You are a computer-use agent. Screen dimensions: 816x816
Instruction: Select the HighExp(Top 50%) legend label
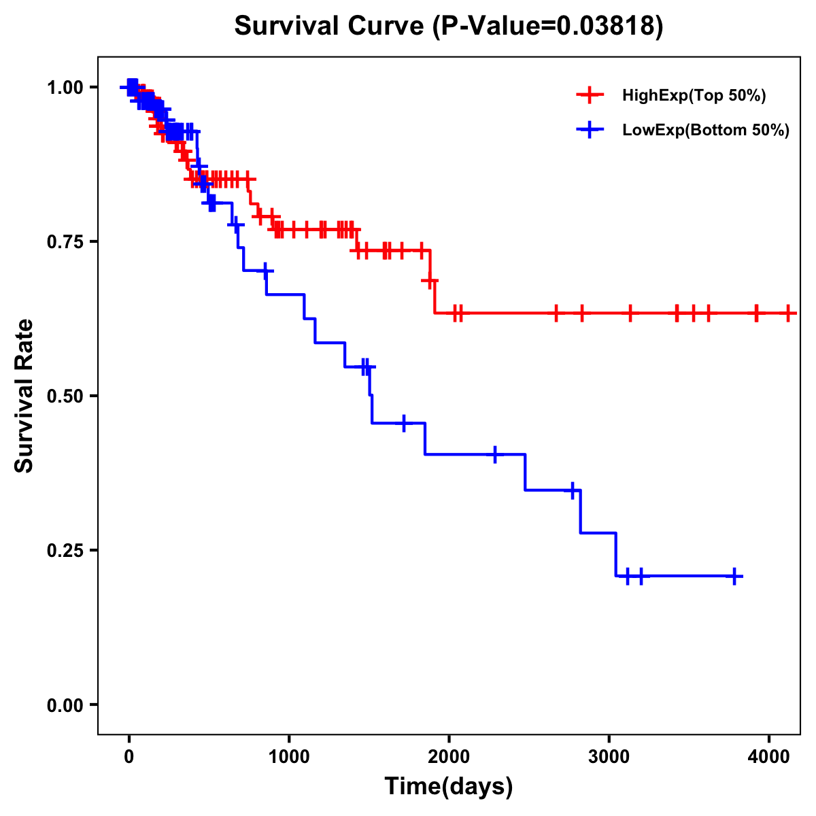tap(694, 96)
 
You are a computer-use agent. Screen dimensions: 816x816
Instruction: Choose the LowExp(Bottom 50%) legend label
tap(706, 131)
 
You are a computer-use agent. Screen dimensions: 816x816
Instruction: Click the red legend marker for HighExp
tap(590, 95)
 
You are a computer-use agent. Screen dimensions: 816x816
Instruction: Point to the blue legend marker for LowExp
tap(590, 130)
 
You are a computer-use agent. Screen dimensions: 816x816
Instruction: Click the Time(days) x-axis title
tap(449, 787)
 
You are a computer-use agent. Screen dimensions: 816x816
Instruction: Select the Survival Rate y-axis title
tap(24, 396)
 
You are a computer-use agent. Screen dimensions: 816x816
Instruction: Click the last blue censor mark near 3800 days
tap(734, 576)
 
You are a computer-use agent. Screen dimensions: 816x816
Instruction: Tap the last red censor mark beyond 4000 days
tap(788, 313)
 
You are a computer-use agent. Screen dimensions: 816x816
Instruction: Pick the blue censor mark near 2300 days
tap(494, 454)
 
